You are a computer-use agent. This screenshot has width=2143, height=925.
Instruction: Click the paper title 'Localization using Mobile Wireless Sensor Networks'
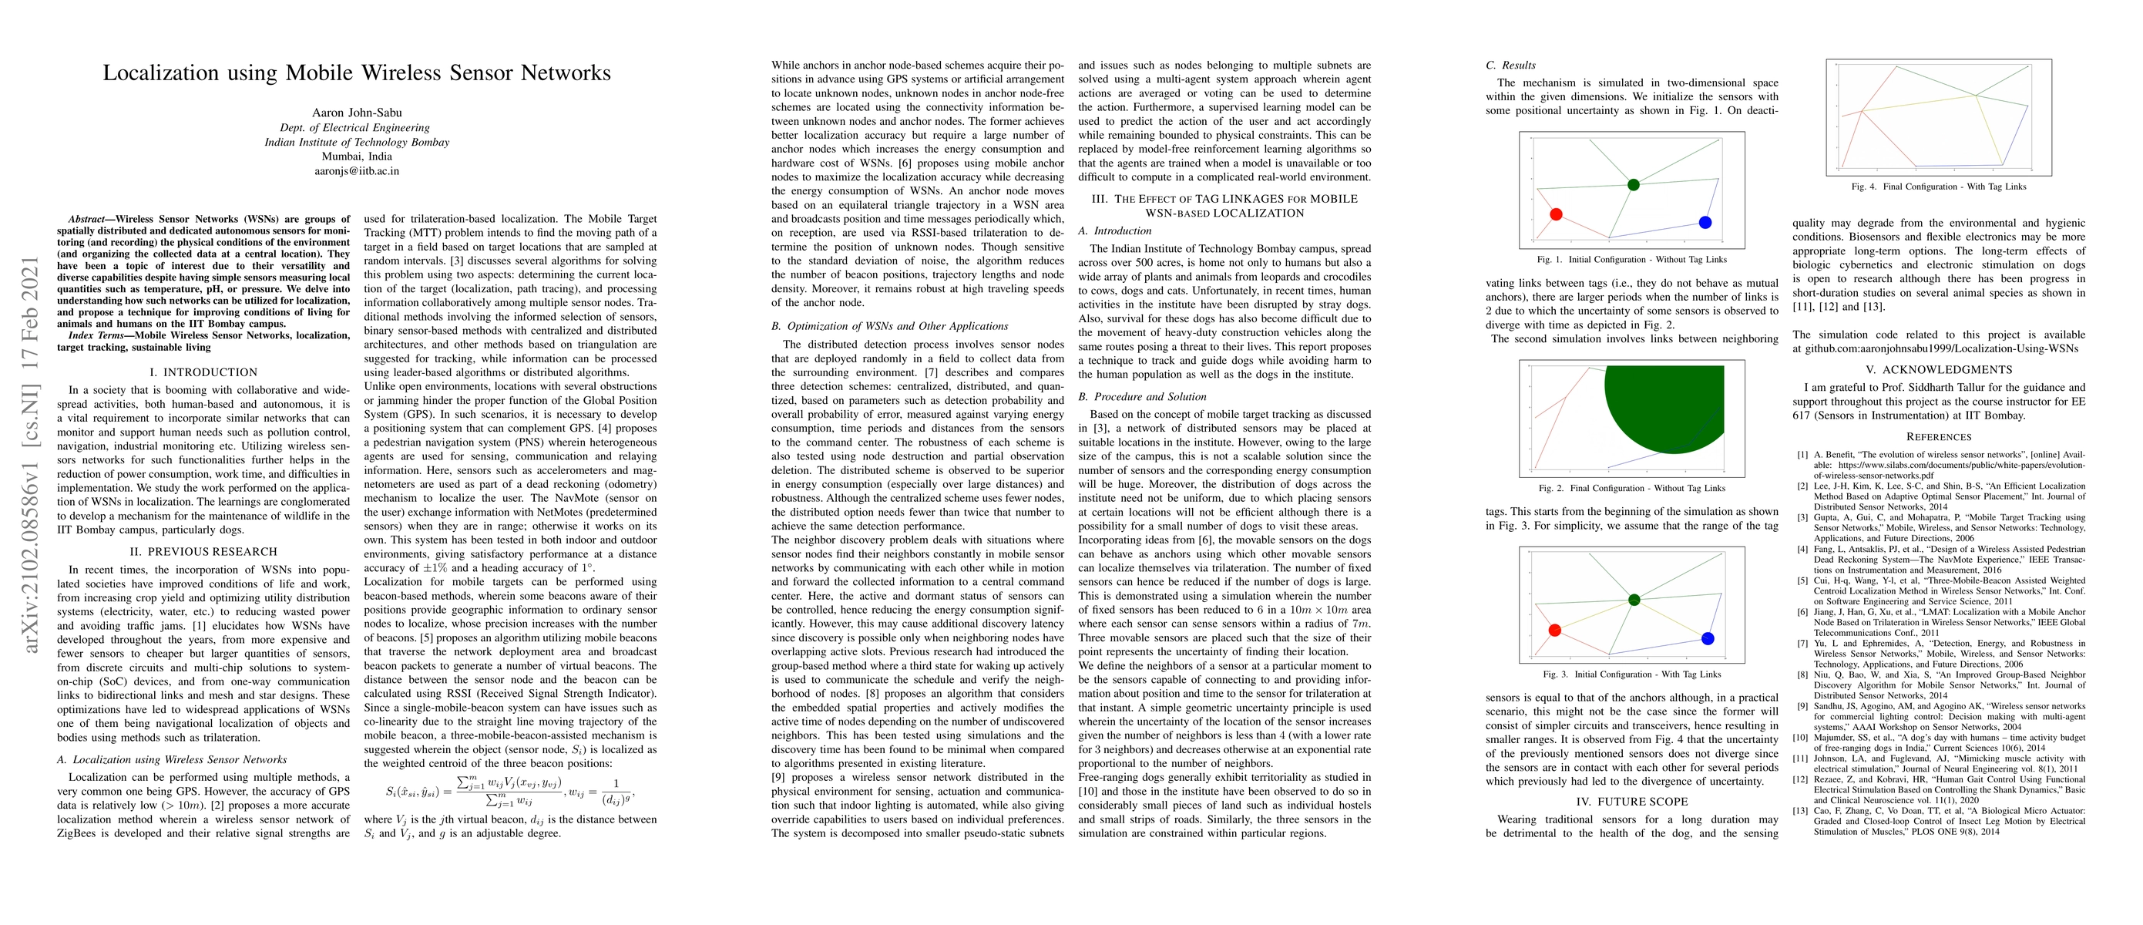(356, 73)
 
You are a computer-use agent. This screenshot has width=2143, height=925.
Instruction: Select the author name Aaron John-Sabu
(356, 113)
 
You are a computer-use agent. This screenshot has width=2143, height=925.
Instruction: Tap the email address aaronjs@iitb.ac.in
(356, 170)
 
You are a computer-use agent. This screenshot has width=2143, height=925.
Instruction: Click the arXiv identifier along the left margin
(31, 453)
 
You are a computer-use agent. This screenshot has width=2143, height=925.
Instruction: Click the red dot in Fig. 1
(1556, 214)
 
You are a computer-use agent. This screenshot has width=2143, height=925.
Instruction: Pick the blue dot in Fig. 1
(1705, 222)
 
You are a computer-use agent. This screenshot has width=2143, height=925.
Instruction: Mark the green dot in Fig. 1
(1633, 185)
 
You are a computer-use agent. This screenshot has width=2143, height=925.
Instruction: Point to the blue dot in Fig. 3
(1708, 639)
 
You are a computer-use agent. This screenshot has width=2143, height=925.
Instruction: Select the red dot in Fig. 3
(1555, 630)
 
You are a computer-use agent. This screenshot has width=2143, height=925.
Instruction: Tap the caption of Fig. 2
(1631, 488)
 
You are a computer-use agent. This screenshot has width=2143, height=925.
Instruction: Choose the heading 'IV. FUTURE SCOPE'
(1631, 801)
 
